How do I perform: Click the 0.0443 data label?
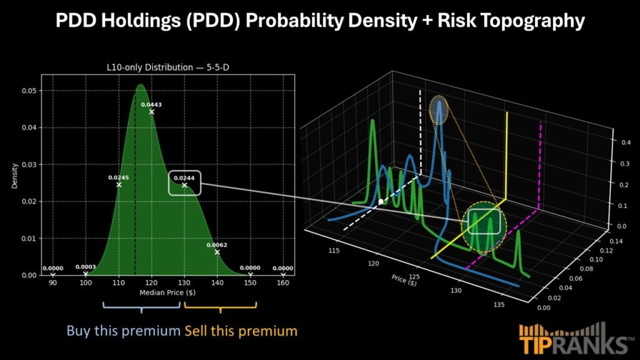[151, 104]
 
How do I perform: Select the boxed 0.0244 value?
[184, 178]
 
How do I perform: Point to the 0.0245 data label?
[118, 177]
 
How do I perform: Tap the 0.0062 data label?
[217, 245]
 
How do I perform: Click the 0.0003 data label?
[85, 267]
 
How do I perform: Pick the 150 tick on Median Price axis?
[250, 283]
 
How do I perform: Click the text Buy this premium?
[123, 330]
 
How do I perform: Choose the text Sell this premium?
[241, 330]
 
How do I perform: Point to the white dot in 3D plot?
[381, 202]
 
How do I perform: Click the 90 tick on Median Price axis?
[52, 283]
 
